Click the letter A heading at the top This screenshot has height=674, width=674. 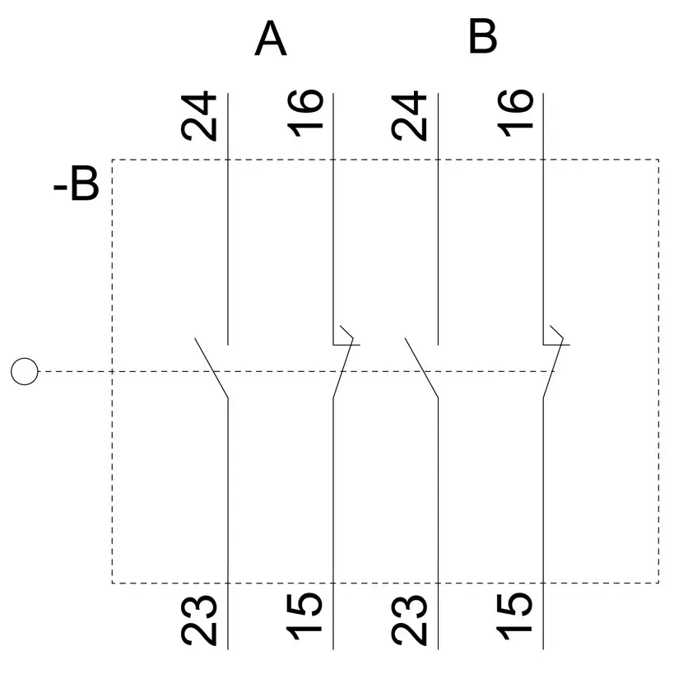pyautogui.click(x=271, y=39)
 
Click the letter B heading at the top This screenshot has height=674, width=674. pyautogui.click(x=482, y=36)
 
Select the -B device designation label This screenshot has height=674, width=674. pyautogui.click(x=76, y=184)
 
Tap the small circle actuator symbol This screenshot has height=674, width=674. pyautogui.click(x=25, y=371)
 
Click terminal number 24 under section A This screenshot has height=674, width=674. pyautogui.click(x=198, y=116)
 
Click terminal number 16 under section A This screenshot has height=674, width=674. pyautogui.click(x=304, y=114)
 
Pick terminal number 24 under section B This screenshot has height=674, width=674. pyautogui.click(x=409, y=116)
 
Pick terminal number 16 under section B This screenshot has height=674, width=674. pyautogui.click(x=515, y=114)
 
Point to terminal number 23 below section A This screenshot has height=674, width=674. pyautogui.click(x=199, y=621)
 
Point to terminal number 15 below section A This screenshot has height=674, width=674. pyautogui.click(x=304, y=616)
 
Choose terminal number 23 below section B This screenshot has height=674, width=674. pyautogui.click(x=409, y=621)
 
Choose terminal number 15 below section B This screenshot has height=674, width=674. pyautogui.click(x=514, y=616)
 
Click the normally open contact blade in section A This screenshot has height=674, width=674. pyautogui.click(x=211, y=368)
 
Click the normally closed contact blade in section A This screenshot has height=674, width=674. pyautogui.click(x=343, y=369)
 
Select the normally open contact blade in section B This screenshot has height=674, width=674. pyautogui.click(x=421, y=368)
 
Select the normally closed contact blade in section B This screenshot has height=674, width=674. pyautogui.click(x=553, y=369)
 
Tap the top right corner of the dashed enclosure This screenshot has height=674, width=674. pyautogui.click(x=658, y=160)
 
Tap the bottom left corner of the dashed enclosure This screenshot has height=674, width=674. pyautogui.click(x=112, y=583)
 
